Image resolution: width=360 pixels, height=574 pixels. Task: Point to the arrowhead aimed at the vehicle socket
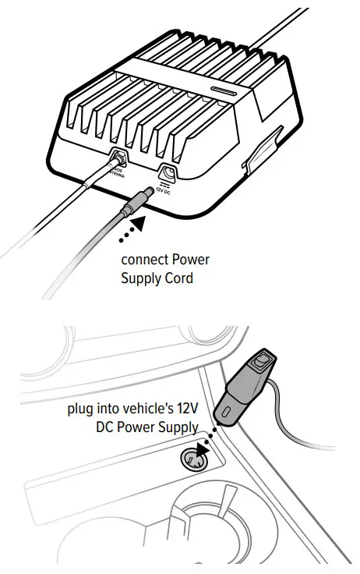click(204, 448)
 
